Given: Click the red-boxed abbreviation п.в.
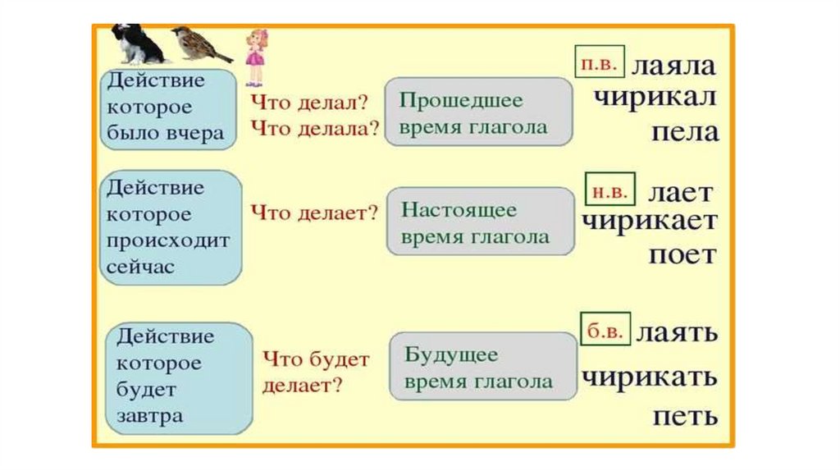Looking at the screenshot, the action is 600,62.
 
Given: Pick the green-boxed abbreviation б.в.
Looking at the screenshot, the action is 605,330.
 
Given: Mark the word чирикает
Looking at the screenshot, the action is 650,222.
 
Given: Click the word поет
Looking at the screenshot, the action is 682,254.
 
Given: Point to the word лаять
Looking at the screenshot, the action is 678,332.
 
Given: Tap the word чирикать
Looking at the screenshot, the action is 650,378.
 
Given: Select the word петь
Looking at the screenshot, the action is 685,415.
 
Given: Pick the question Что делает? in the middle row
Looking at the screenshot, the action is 313,213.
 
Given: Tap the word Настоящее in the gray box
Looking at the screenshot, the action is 459,210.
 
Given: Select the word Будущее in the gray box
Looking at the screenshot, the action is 451,355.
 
